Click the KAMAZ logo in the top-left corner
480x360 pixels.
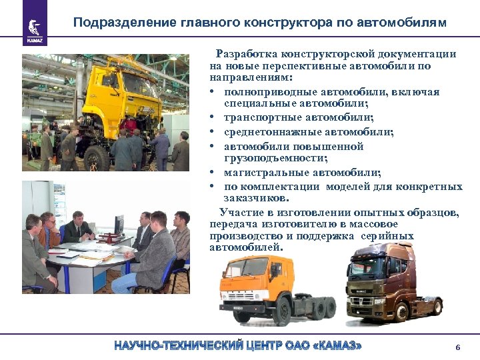(33, 27)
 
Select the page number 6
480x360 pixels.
(457, 347)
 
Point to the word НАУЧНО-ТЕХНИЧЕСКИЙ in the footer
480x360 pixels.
(174, 347)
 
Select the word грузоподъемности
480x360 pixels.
(275, 158)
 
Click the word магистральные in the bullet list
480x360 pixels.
(260, 172)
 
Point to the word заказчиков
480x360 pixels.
(256, 198)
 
